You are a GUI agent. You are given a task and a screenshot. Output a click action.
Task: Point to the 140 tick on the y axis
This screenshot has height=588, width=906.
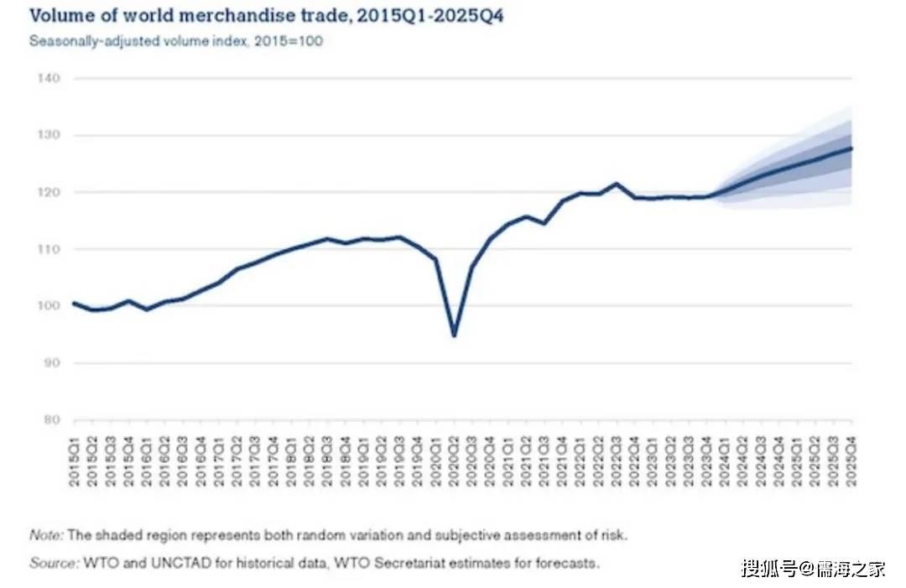(x=49, y=78)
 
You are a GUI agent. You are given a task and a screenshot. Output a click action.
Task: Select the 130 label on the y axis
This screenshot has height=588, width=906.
(x=49, y=135)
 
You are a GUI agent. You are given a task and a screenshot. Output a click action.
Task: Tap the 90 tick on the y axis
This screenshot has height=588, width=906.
(x=51, y=363)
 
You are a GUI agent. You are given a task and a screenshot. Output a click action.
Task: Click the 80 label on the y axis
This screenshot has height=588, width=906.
(x=51, y=419)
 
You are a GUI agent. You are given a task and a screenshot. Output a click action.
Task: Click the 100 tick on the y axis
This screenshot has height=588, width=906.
(x=49, y=306)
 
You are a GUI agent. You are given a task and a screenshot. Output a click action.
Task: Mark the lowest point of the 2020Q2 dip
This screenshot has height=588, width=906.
(x=454, y=336)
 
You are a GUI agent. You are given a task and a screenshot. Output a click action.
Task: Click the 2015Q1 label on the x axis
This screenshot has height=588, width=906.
(x=75, y=456)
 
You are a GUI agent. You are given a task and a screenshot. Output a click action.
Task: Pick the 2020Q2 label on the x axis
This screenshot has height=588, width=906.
(x=454, y=456)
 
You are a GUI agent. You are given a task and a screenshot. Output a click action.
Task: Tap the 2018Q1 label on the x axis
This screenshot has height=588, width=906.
(x=291, y=456)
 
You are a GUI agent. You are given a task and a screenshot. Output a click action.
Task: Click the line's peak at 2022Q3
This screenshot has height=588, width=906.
(x=617, y=184)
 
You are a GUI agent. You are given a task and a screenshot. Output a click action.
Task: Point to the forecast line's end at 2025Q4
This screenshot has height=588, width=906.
(x=851, y=148)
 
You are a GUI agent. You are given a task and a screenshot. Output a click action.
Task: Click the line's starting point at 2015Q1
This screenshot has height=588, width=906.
(x=75, y=304)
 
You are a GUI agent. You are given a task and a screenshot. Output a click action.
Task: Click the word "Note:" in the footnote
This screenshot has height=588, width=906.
(x=47, y=534)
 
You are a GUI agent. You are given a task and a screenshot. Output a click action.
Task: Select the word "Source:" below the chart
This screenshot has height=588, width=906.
(x=53, y=563)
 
